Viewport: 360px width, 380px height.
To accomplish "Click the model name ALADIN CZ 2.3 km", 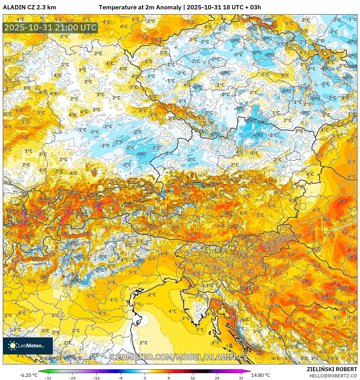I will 29,7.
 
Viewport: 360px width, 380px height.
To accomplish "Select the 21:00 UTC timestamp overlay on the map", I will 50,28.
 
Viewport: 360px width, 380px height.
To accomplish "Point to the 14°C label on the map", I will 25,222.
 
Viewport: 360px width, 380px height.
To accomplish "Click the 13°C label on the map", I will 12,211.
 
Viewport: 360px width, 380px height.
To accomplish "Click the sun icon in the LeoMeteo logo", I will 13,345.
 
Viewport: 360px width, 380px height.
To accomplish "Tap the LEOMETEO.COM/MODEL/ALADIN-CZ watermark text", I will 180,357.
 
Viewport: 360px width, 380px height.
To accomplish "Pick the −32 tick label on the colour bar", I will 48,378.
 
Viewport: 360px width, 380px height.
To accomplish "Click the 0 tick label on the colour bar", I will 145,378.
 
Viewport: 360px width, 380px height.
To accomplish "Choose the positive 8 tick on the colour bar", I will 169,378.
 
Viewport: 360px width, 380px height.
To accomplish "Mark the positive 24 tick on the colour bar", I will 217,378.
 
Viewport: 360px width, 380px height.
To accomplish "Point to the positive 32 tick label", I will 241,378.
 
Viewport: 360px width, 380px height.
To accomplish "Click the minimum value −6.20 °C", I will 28,375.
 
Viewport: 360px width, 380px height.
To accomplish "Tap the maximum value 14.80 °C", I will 261,375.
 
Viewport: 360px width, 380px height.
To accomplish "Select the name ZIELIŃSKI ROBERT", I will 332,369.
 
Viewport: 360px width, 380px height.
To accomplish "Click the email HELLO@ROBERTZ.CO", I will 333,376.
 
